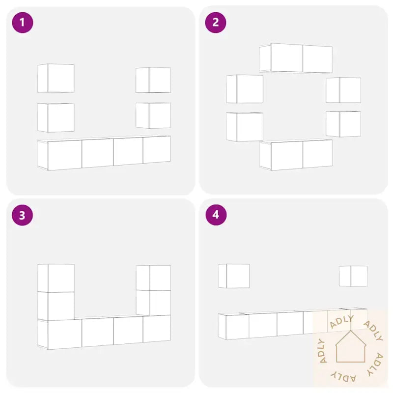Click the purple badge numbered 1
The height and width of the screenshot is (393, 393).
click(23, 22)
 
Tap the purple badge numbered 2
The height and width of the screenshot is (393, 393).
click(216, 22)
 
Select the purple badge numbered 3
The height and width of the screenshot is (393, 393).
click(22, 215)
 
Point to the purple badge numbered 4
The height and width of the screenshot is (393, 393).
click(216, 215)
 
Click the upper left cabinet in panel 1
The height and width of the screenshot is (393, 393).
click(56, 78)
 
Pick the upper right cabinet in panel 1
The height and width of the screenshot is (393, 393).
click(153, 80)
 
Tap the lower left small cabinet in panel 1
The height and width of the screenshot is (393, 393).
click(56, 117)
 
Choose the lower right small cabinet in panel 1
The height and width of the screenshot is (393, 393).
click(153, 115)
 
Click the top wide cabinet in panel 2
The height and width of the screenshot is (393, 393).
click(296, 58)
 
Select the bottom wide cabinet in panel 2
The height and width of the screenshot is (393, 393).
click(296, 155)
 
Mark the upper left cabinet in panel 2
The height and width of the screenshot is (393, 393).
click(245, 89)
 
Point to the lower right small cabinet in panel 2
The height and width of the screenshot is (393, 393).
click(343, 124)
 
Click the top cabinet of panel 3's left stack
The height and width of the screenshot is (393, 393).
click(56, 278)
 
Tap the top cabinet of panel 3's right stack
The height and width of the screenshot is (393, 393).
click(153, 278)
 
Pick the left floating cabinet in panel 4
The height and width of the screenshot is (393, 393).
click(234, 276)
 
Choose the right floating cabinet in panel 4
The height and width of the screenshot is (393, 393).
click(353, 276)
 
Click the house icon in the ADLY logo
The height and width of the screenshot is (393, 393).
click(351, 346)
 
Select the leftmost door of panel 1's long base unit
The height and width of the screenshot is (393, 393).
click(65, 155)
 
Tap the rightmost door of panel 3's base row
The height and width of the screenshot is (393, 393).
click(157, 329)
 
